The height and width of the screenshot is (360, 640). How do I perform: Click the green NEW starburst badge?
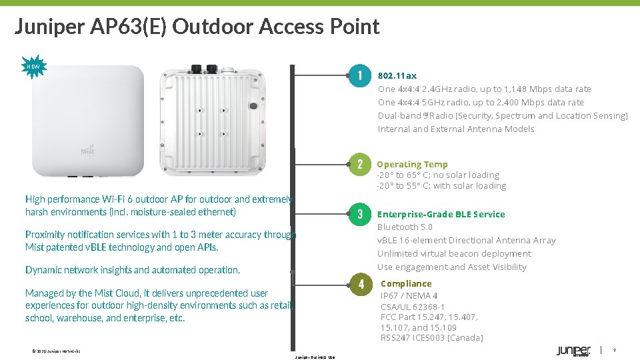[x=33, y=67]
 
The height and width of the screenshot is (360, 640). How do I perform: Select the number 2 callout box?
[x=359, y=165]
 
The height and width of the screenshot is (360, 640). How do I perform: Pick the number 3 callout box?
[x=359, y=214]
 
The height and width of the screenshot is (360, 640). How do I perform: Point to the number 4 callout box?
[x=360, y=284]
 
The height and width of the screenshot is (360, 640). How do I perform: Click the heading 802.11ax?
[x=397, y=76]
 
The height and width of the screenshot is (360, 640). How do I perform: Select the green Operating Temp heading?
[x=412, y=165]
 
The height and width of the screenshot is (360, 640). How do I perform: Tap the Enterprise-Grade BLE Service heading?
[x=441, y=214]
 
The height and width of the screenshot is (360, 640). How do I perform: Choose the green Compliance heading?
[x=406, y=283]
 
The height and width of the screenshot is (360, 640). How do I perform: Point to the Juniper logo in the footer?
[x=573, y=351]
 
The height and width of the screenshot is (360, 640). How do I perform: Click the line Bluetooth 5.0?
[x=405, y=227]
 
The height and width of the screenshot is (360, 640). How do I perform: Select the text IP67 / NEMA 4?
[x=409, y=296]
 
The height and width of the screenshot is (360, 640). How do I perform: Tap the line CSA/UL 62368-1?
[x=413, y=307]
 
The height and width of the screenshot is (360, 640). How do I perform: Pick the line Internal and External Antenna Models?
[x=456, y=129]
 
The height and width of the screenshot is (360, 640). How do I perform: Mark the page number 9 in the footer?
[x=614, y=350]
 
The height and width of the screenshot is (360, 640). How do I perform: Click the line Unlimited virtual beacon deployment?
[x=454, y=254]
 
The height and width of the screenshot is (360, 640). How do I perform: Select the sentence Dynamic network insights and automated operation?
[x=133, y=270]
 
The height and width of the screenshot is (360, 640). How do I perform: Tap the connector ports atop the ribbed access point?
[x=206, y=68]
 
